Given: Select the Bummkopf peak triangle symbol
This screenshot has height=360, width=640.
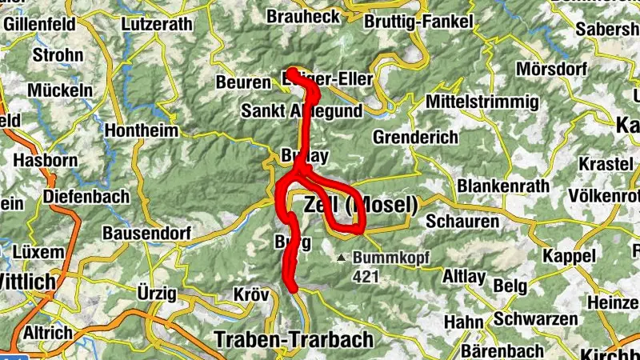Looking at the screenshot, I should coord(342,258).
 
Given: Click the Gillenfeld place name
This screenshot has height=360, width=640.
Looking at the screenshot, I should coord(42,24).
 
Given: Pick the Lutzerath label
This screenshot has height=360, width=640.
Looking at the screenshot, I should coord(157,24).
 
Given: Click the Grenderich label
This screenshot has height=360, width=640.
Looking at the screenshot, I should coord(415,137).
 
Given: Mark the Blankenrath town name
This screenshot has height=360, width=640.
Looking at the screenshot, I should coord(503,186).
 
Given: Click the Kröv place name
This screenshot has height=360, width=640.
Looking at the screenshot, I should coord(251,294).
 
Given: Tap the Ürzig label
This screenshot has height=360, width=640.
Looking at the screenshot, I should coord(156,294).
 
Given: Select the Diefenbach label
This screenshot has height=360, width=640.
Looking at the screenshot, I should coord(86,196).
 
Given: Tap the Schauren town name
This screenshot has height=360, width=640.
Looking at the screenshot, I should coord(462,220).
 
